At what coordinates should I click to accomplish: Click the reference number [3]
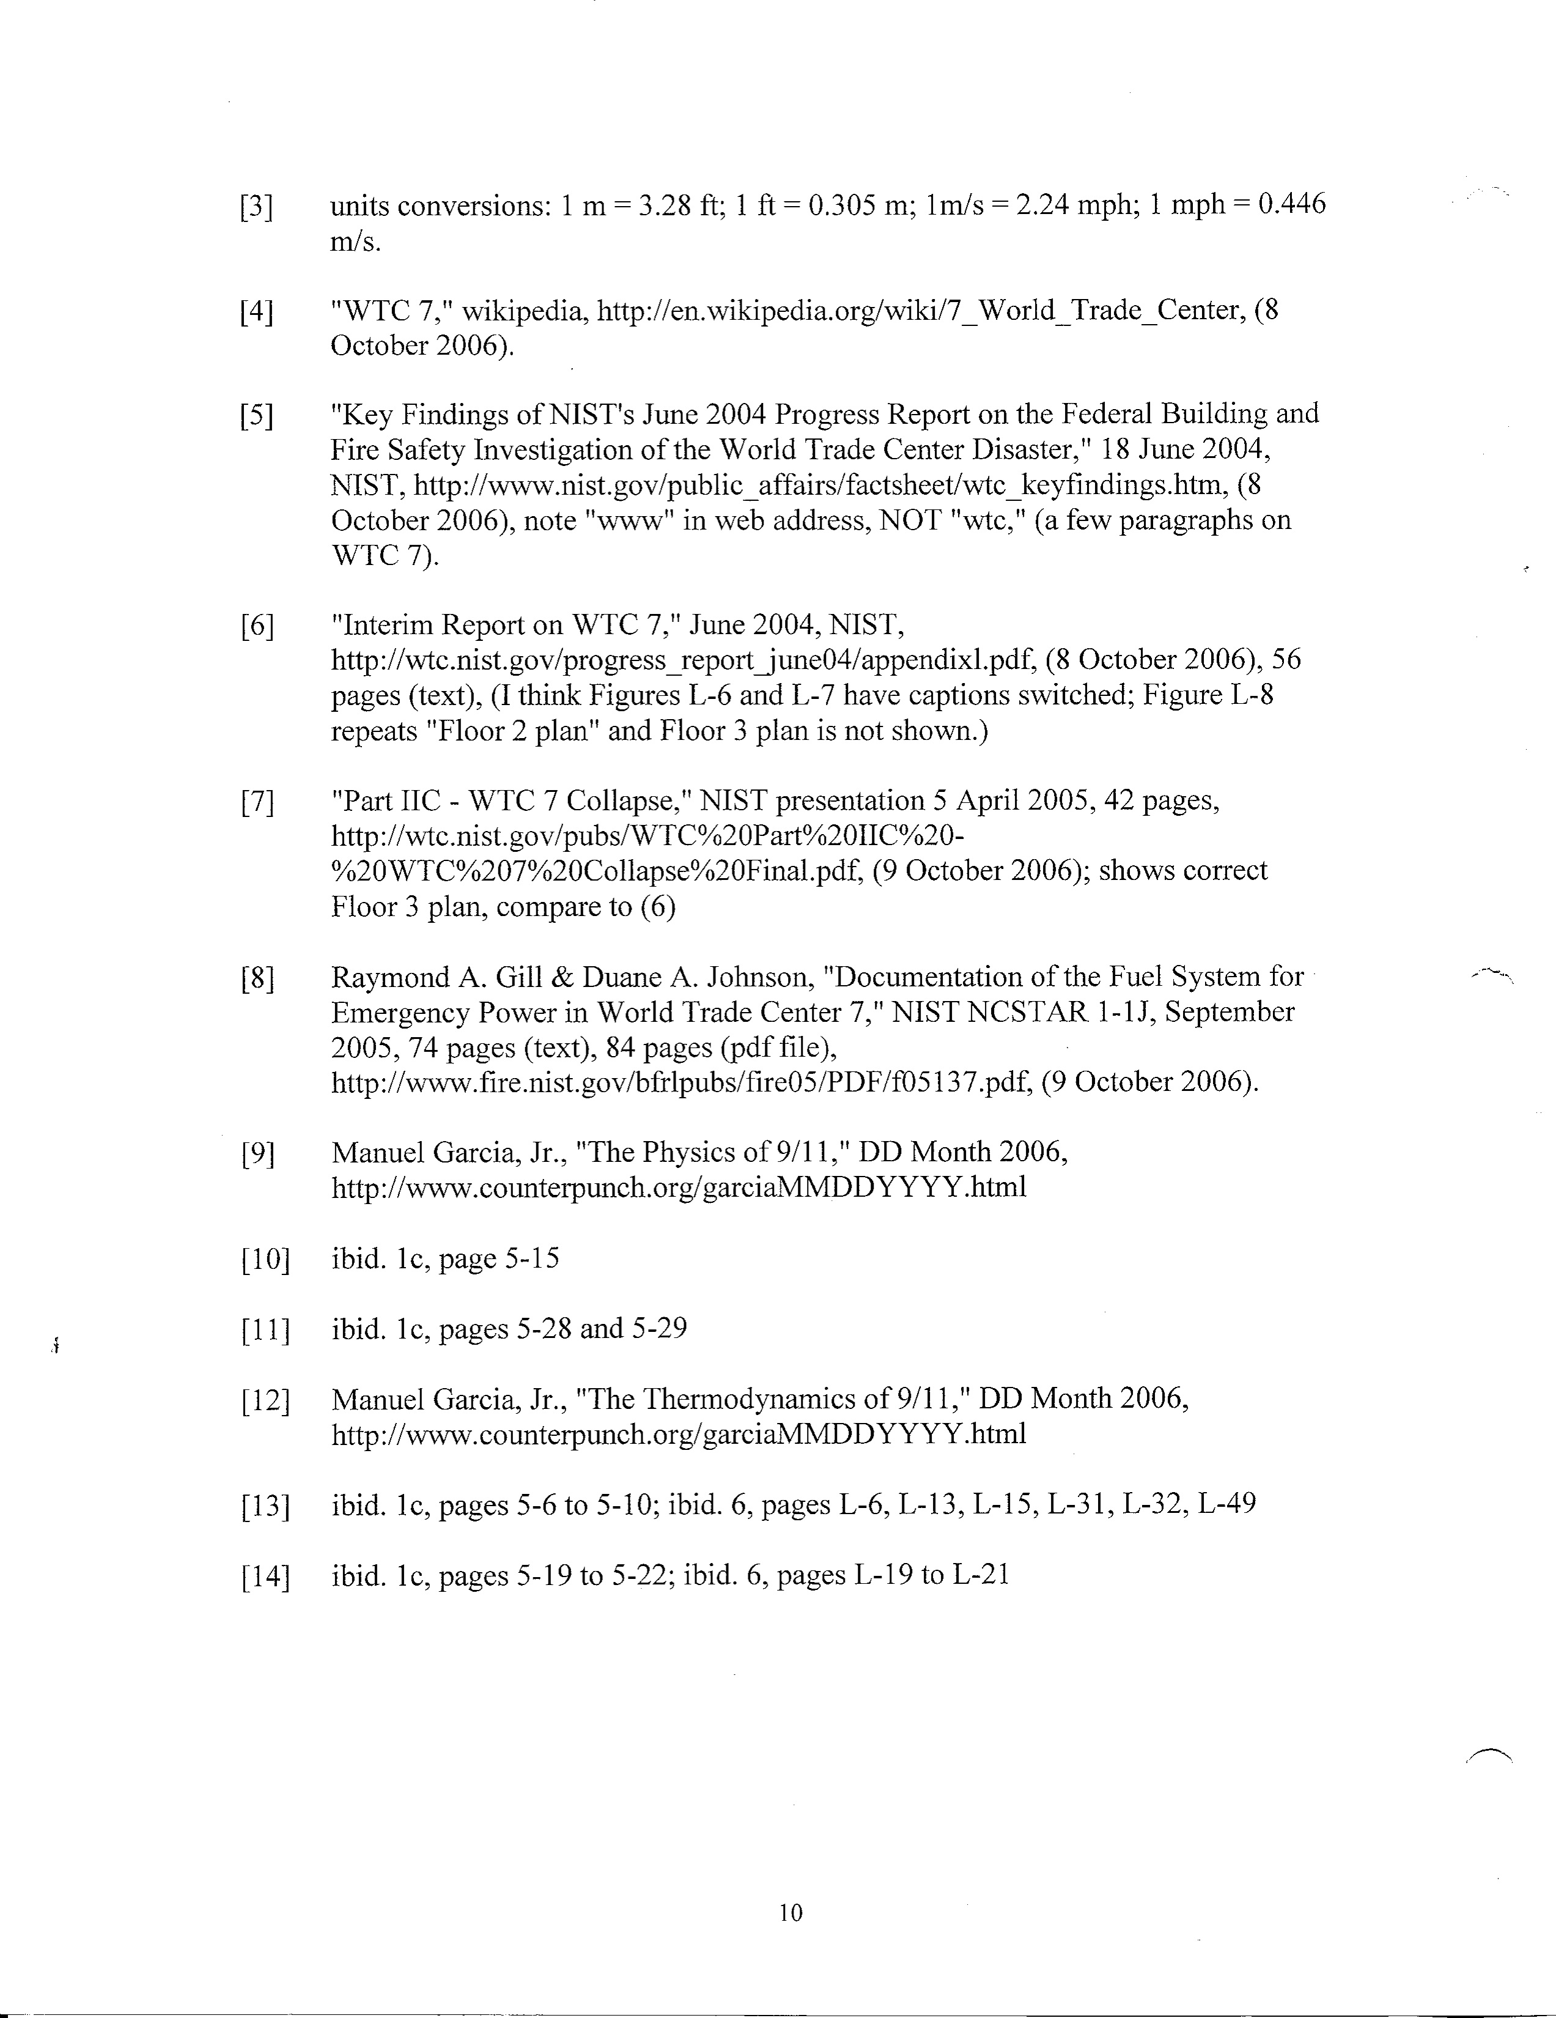(256, 207)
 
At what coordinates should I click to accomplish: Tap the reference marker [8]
(256, 978)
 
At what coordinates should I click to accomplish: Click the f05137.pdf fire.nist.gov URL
(681, 1082)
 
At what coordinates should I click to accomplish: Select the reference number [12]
(264, 1401)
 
